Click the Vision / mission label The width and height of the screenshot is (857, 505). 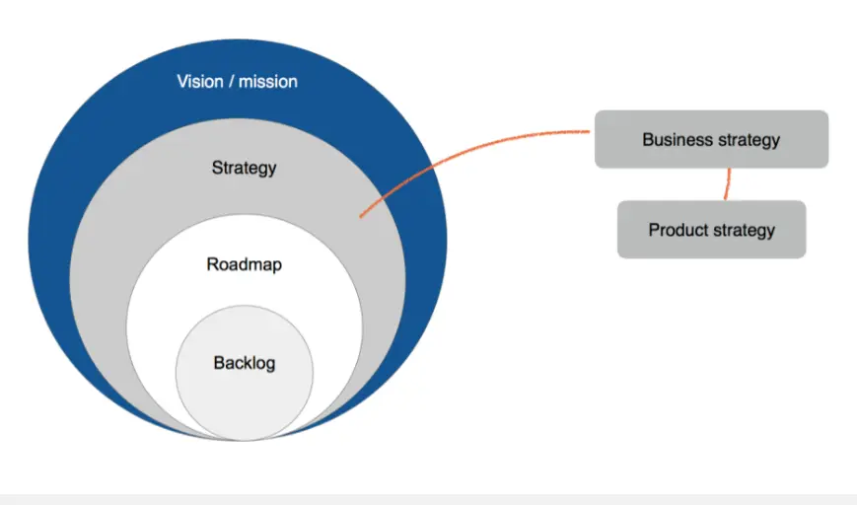tap(237, 81)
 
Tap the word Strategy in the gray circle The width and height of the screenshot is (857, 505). tap(244, 168)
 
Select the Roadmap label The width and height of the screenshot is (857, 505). tap(244, 264)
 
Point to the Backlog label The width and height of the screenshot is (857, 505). tap(244, 363)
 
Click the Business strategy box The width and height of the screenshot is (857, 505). tap(711, 139)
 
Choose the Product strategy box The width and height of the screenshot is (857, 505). tap(711, 230)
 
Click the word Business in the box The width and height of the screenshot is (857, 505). tap(676, 139)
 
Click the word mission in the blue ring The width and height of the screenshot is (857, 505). tap(267, 81)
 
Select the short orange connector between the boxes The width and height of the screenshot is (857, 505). tap(728, 183)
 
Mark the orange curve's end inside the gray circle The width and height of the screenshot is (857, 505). tap(361, 215)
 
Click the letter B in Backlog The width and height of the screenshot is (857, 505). tap(218, 363)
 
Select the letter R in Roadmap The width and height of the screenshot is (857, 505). tap(212, 264)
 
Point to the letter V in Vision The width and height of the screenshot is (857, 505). tap(181, 81)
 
